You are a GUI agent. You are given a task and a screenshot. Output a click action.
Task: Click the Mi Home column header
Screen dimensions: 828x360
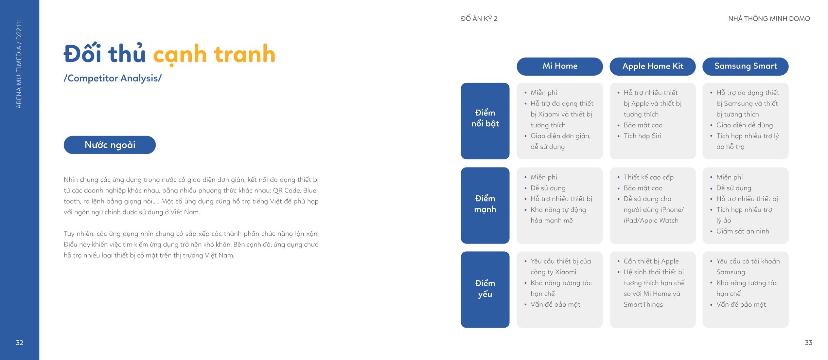[x=560, y=66]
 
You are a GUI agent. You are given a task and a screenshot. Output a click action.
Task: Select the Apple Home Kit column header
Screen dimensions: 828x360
[x=652, y=66]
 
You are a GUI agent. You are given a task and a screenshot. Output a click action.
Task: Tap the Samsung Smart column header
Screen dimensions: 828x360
[x=745, y=66]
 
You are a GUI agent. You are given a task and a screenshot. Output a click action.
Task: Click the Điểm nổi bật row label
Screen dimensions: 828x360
[x=485, y=121]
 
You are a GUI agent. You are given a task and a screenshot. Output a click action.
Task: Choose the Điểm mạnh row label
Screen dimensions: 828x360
[x=485, y=205]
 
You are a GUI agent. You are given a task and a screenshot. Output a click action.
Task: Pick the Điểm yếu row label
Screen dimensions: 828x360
[x=485, y=289]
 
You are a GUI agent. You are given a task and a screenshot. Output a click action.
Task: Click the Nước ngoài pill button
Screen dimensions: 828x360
[x=110, y=145]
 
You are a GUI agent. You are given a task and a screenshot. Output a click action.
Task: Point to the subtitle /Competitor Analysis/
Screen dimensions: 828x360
[x=113, y=78]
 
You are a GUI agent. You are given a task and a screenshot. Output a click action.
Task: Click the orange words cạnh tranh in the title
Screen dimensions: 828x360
[x=214, y=55]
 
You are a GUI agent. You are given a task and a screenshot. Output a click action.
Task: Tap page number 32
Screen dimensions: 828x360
[x=19, y=343]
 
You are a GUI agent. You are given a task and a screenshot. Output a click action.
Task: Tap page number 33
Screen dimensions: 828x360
[x=808, y=343]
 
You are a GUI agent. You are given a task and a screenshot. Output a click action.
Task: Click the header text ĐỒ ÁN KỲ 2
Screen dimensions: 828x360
[x=479, y=19]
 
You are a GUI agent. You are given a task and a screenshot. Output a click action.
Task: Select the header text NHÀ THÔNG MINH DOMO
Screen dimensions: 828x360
[x=769, y=19]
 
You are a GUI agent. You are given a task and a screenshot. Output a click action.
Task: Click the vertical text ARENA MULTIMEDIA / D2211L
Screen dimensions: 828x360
[x=19, y=63]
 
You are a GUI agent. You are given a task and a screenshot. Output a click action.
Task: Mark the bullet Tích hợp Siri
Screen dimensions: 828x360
[x=642, y=136]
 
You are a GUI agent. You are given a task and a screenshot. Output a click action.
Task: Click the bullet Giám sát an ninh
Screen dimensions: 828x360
[x=743, y=231]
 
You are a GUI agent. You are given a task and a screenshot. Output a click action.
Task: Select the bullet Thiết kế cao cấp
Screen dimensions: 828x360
[x=648, y=177]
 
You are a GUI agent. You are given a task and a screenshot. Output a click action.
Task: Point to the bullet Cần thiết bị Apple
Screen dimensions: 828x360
[x=651, y=261]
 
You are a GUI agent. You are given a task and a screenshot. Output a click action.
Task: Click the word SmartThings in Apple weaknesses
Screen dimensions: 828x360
[x=643, y=305]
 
